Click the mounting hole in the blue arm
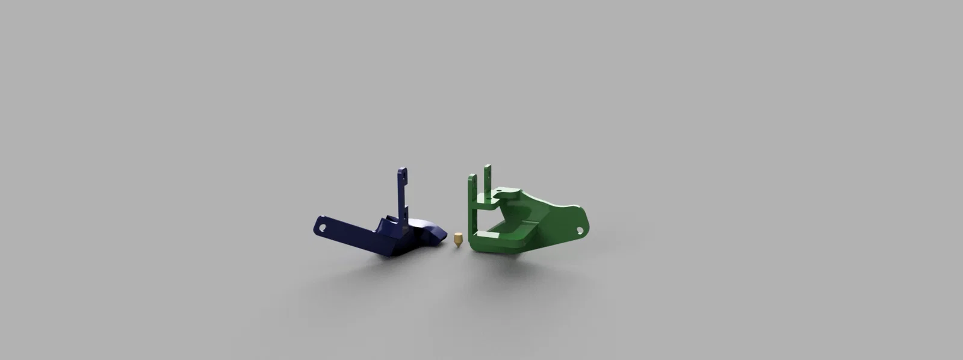(321, 228)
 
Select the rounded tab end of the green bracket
(583, 224)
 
